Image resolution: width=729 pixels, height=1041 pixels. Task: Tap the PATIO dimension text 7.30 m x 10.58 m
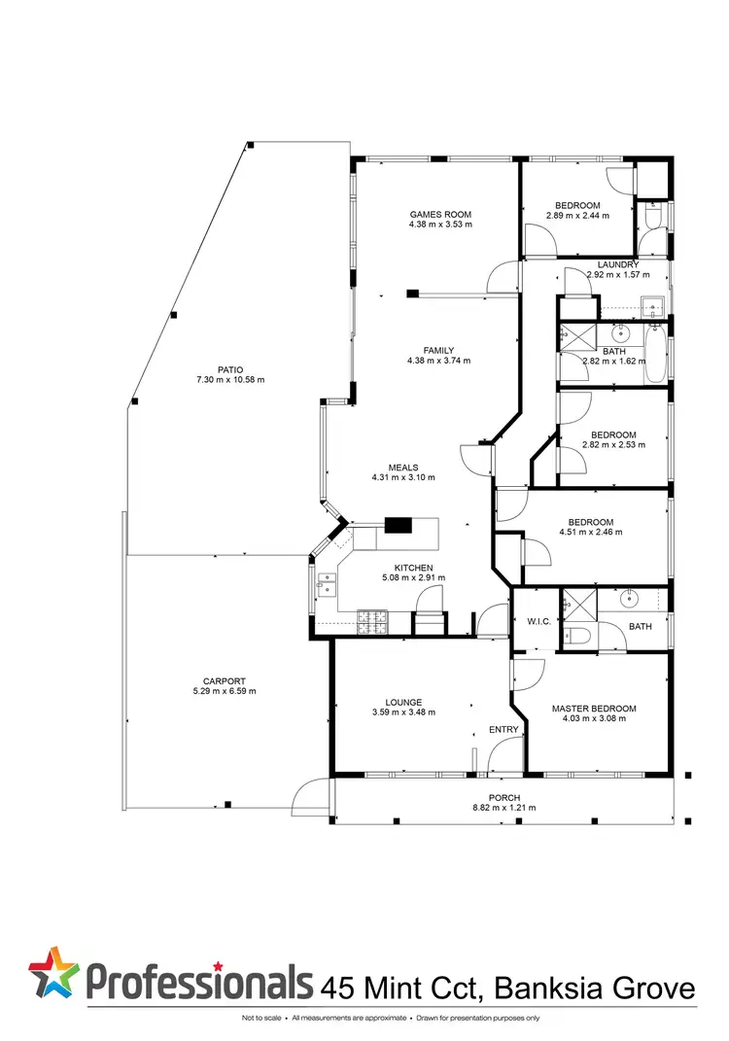(x=230, y=380)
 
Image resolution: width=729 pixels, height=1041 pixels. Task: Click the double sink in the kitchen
(x=326, y=584)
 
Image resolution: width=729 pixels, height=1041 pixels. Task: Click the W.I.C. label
(x=539, y=621)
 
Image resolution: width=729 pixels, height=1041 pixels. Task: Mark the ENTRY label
(x=503, y=730)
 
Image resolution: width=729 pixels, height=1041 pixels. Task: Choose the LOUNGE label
(x=402, y=702)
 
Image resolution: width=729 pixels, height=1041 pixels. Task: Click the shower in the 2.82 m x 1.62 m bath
(x=578, y=337)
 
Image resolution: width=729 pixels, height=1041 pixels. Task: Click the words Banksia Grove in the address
(x=595, y=989)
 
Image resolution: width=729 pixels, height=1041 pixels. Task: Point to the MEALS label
(x=402, y=468)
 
